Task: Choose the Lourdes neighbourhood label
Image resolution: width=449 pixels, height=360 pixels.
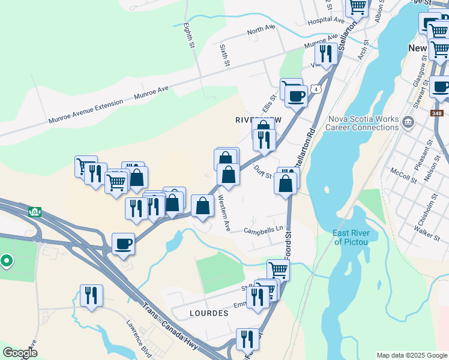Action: point(209,313)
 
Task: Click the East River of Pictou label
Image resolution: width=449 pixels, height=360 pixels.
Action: point(354,238)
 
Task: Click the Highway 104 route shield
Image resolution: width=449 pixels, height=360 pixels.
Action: point(35,212)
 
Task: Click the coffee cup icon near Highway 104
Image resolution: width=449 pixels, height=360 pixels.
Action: point(124,243)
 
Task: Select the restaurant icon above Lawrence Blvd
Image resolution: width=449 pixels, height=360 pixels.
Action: point(91,295)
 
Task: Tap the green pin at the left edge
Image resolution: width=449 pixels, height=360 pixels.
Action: point(7,261)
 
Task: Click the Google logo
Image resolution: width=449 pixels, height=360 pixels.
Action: point(20,353)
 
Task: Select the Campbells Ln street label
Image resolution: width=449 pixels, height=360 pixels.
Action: point(263,230)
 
